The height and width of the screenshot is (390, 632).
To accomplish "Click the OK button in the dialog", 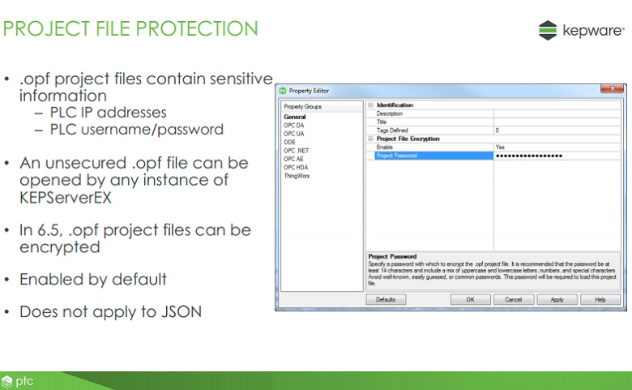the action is pyautogui.click(x=471, y=300).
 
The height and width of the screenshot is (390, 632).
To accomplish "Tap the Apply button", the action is pyautogui.click(x=557, y=300).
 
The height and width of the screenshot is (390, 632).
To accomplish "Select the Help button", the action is pyautogui.click(x=600, y=300).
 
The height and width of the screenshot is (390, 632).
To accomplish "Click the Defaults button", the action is pyautogui.click(x=386, y=300).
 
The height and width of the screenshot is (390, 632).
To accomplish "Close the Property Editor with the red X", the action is pyautogui.click(x=612, y=88).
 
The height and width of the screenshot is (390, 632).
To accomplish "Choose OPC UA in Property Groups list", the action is pyautogui.click(x=294, y=134).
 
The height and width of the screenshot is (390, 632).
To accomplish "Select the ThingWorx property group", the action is pyautogui.click(x=297, y=176).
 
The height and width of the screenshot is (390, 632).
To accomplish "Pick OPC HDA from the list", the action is pyautogui.click(x=296, y=167).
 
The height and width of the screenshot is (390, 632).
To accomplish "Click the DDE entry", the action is pyautogui.click(x=289, y=142).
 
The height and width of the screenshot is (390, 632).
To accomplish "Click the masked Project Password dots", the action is pyautogui.click(x=529, y=156).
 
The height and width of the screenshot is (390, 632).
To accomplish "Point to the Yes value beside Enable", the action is pyautogui.click(x=500, y=148).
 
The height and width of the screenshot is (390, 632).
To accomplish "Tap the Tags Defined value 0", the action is pyautogui.click(x=497, y=131).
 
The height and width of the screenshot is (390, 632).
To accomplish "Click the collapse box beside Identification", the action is pyautogui.click(x=371, y=105).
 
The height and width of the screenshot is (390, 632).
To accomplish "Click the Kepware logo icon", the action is pyautogui.click(x=548, y=30).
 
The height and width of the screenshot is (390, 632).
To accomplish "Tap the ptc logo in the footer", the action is pyautogui.click(x=17, y=381).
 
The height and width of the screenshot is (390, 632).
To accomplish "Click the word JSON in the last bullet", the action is pyautogui.click(x=181, y=312).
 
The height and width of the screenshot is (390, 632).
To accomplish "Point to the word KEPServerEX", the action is pyautogui.click(x=66, y=198).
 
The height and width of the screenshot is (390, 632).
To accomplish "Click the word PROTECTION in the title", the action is pyautogui.click(x=197, y=28).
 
